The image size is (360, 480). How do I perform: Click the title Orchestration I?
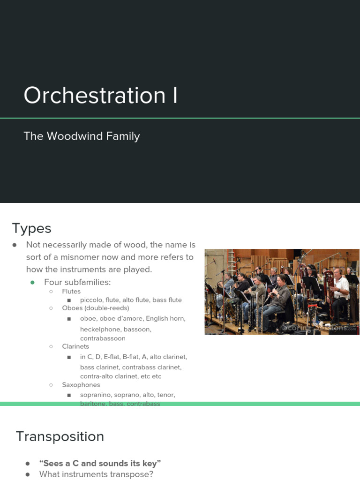click(x=101, y=95)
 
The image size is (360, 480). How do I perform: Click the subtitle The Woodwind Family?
click(x=82, y=136)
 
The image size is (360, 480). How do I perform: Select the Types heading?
click(x=31, y=229)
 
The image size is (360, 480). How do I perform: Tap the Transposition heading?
click(x=60, y=436)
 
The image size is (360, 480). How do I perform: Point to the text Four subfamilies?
click(x=77, y=282)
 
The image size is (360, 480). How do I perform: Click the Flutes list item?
click(x=71, y=291)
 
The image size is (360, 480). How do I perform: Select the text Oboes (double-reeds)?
click(x=96, y=308)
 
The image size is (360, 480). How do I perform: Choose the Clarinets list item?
click(x=75, y=346)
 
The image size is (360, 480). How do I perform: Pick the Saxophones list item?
click(x=81, y=385)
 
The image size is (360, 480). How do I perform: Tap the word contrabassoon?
click(x=103, y=338)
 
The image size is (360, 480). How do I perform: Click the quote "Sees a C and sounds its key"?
click(x=100, y=463)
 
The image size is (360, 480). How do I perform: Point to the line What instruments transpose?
click(x=96, y=474)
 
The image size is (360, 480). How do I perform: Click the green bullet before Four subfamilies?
click(x=33, y=282)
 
